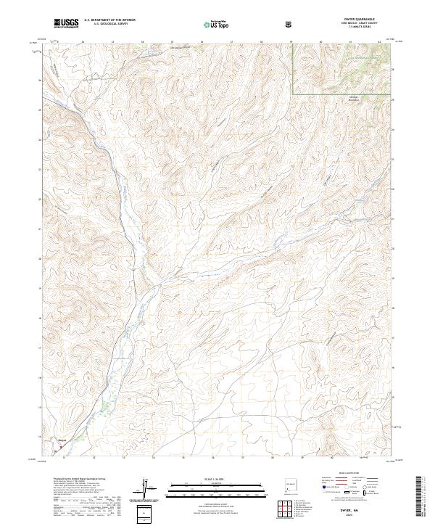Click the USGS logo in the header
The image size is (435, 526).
(x=66, y=24)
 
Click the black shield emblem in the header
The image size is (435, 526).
(x=289, y=24)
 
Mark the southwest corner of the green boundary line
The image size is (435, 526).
(x=293, y=94)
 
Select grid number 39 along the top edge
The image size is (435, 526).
(x=291, y=41)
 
